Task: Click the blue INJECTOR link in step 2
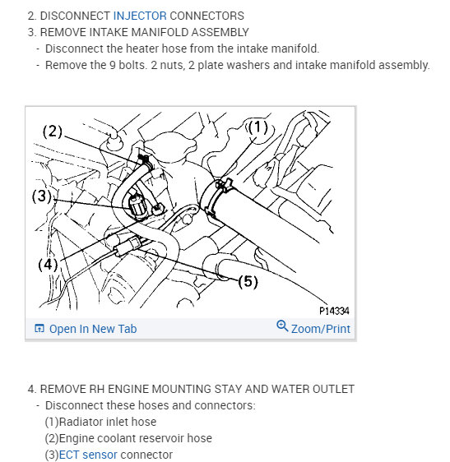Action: [140, 16]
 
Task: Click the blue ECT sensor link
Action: [88, 455]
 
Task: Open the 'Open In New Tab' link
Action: [92, 329]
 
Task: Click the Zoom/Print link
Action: [320, 329]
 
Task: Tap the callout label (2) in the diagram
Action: [53, 131]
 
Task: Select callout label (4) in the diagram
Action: [49, 265]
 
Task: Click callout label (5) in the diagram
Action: [248, 282]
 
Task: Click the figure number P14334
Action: [334, 312]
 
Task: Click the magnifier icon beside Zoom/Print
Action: [282, 327]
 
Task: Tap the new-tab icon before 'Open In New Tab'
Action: [39, 329]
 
